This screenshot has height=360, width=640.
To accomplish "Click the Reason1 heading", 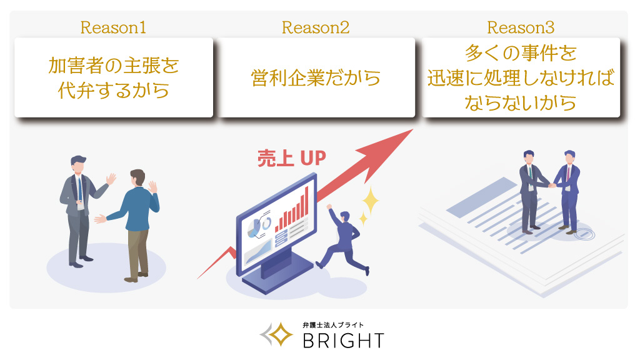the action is click(113, 27).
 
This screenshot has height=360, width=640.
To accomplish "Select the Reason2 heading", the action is click(316, 27).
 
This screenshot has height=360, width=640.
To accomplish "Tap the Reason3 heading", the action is click(521, 27).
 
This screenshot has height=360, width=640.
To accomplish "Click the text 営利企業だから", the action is click(316, 78).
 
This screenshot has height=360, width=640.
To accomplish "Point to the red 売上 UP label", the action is click(292, 158).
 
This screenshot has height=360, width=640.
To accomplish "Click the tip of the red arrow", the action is click(412, 130).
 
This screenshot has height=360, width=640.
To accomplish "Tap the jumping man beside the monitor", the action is click(343, 239).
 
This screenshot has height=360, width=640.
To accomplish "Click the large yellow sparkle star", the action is click(371, 200).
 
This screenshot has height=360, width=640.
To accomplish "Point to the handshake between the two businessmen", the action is click(552, 186).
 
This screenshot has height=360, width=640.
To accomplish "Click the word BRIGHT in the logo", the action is click(344, 341).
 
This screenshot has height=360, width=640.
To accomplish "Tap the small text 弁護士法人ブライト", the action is click(332, 325).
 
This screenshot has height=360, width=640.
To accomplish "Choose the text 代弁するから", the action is click(114, 91).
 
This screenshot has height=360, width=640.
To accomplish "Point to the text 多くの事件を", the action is click(521, 53).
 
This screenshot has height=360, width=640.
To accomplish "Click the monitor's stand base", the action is click(277, 277).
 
